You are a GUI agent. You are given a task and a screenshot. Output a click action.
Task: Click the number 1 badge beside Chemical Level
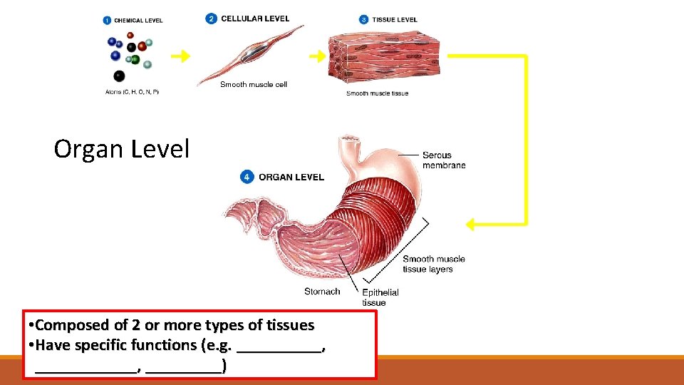(x=107, y=20)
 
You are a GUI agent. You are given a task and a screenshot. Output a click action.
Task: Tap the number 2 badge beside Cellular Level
(x=211, y=19)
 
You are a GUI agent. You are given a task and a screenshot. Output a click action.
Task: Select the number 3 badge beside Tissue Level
(x=363, y=20)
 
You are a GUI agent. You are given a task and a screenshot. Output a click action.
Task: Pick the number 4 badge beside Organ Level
(x=247, y=177)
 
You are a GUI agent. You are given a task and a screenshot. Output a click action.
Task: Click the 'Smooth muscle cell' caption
(x=253, y=85)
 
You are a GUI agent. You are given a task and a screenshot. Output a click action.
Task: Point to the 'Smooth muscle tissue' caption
(x=377, y=93)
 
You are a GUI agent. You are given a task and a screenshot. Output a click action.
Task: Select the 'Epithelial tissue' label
(x=380, y=297)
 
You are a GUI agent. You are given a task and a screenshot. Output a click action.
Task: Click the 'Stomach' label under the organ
(x=322, y=291)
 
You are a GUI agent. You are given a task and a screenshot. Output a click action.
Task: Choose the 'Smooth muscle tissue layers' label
(x=433, y=264)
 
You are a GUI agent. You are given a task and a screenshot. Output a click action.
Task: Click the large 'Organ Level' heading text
(x=122, y=149)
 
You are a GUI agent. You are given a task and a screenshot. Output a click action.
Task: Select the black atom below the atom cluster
(x=119, y=76)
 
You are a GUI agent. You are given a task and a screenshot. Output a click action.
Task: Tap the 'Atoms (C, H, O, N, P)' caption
(x=132, y=92)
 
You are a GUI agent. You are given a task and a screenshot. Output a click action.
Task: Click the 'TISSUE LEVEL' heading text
(x=395, y=20)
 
